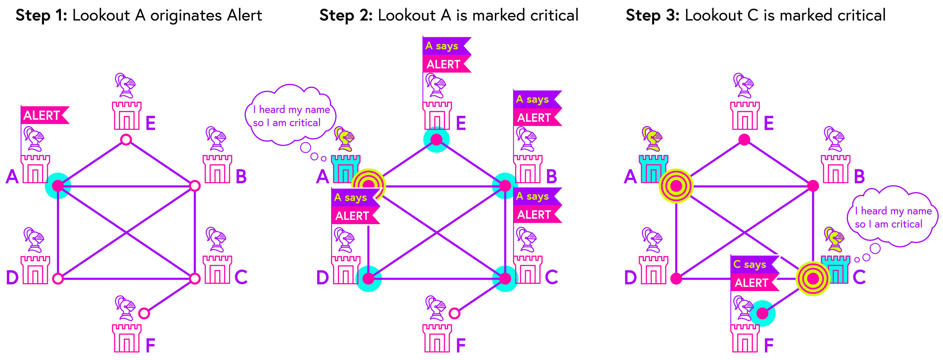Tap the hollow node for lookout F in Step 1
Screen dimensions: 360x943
(144, 313)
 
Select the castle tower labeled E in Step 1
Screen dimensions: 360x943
(127, 116)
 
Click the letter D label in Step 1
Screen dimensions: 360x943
(12, 278)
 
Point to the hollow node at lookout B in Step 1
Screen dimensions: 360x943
(195, 186)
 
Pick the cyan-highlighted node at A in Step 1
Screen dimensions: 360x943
(58, 186)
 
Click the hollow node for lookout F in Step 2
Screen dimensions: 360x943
(455, 313)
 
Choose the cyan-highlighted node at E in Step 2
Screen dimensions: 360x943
(436, 140)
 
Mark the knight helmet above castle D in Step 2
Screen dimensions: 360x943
(344, 240)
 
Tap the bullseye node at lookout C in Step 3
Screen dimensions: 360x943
(813, 278)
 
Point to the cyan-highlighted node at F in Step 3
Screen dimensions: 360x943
(762, 313)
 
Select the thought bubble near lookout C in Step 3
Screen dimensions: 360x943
(892, 217)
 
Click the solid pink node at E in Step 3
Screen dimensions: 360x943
(744, 140)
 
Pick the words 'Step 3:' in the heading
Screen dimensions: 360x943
(653, 15)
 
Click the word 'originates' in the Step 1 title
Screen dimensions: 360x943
(186, 15)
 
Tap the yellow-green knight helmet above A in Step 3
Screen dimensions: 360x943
(653, 138)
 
